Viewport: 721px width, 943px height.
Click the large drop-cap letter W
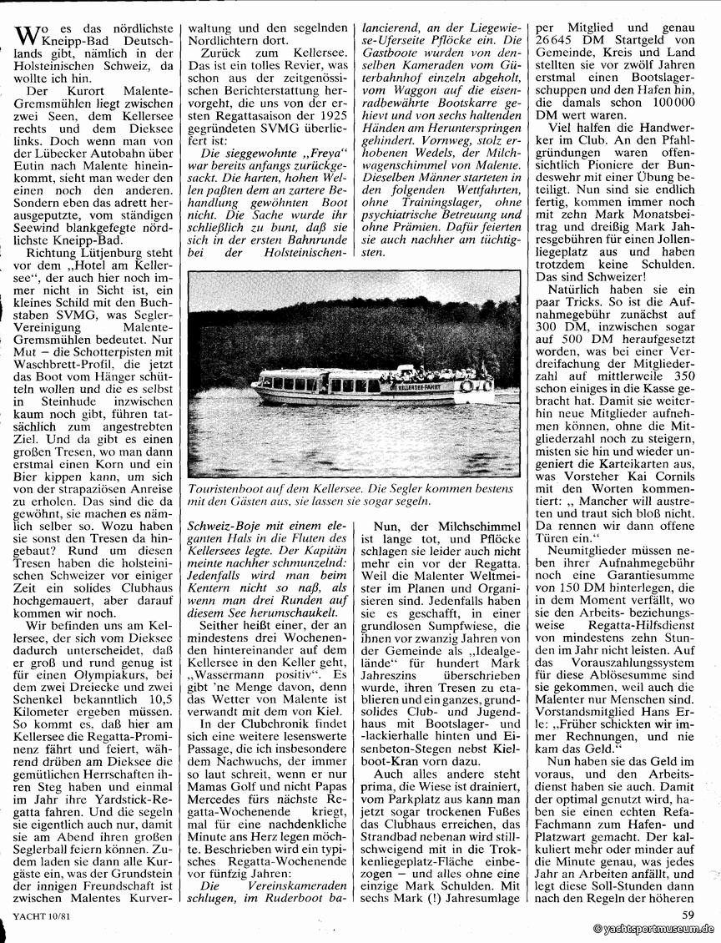(x=28, y=36)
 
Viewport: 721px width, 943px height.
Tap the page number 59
(x=687, y=915)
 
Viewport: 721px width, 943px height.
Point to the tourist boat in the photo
(x=368, y=385)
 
